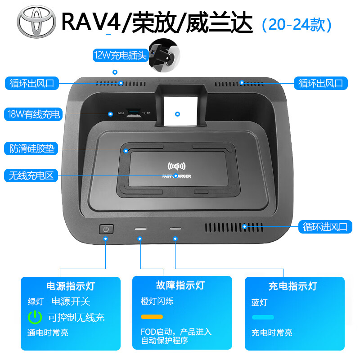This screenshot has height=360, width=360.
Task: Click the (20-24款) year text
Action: [296, 24]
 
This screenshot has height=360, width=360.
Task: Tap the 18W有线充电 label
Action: [34, 114]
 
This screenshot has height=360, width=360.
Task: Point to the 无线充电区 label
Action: [31, 175]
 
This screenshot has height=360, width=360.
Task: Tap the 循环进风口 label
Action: [325, 226]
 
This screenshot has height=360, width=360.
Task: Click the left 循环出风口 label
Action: [31, 83]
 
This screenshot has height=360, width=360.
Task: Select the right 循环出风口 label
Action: [320, 83]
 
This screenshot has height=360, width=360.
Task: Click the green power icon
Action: [35, 317]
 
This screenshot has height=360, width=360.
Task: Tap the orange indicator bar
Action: [152, 317]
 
